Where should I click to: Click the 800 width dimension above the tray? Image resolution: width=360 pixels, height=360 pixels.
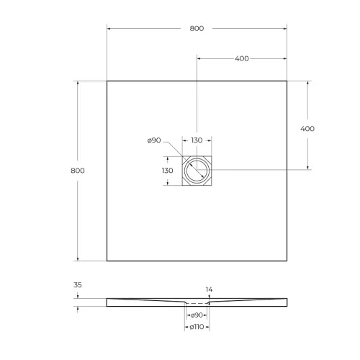point(197,29)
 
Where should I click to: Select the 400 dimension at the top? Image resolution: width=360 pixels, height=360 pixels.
point(242,58)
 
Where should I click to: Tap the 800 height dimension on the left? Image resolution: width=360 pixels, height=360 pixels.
point(78,171)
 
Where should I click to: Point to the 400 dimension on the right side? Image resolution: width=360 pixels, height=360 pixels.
point(307,128)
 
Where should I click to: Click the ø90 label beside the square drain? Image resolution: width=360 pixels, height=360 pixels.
point(153,140)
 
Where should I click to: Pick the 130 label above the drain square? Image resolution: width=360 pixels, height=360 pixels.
point(197,140)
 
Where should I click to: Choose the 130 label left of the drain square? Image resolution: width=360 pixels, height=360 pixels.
point(167,171)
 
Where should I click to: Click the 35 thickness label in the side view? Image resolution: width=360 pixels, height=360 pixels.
point(78,285)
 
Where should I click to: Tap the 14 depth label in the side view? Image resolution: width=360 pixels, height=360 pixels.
point(210,289)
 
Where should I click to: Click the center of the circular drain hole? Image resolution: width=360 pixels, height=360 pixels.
point(197,171)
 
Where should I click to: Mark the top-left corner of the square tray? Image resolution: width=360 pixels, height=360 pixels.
point(107,81)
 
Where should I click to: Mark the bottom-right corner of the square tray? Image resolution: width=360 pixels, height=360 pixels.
point(287,261)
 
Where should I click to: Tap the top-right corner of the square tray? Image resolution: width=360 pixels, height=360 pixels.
point(287,81)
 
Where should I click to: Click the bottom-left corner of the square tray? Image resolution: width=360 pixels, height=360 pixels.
point(107,261)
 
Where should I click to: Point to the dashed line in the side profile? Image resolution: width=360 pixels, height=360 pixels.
point(197,303)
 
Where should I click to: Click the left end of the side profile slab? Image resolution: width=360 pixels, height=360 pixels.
point(107,302)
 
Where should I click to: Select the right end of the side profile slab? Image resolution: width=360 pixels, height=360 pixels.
point(286,302)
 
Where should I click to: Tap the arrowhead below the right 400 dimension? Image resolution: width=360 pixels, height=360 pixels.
point(308,168)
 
